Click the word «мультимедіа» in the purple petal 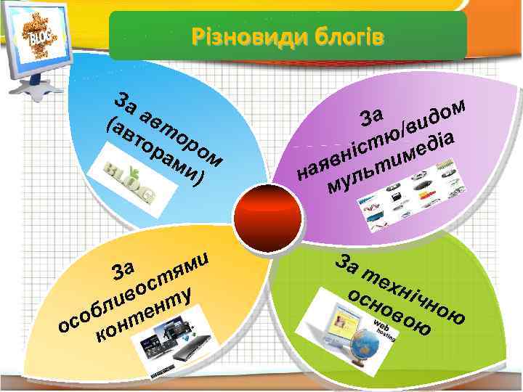pos(393,164)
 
